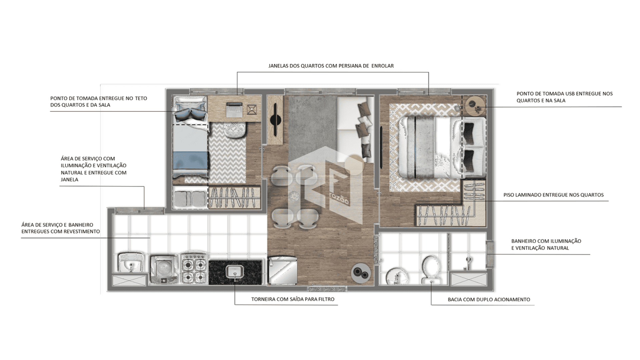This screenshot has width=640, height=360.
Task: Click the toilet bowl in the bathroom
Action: click(431, 270)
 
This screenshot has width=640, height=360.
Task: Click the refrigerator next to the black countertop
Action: click(283, 270)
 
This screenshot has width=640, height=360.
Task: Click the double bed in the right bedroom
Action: click(442, 147)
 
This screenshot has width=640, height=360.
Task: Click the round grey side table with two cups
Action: click(361, 273)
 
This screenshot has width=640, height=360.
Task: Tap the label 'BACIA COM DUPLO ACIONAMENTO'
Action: click(489, 299)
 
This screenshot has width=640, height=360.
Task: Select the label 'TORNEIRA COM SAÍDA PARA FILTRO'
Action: click(293, 299)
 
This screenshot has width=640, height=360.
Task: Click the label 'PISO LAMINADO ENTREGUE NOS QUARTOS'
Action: click(553, 195)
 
